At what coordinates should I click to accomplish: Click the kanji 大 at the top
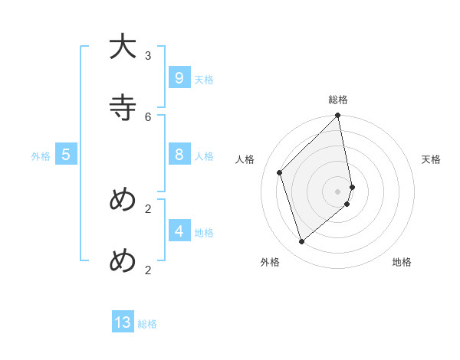pyautogui.click(x=123, y=47)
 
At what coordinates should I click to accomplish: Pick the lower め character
pyautogui.click(x=123, y=260)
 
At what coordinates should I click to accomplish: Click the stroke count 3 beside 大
pyautogui.click(x=148, y=55)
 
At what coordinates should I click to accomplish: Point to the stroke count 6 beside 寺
pyautogui.click(x=148, y=116)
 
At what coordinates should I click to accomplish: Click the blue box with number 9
pyautogui.click(x=179, y=78)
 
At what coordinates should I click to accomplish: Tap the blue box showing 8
pyautogui.click(x=179, y=155)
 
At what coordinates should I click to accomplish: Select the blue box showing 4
pyautogui.click(x=179, y=231)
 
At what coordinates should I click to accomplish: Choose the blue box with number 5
pyautogui.click(x=66, y=155)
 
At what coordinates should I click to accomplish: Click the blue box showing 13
pyautogui.click(x=123, y=322)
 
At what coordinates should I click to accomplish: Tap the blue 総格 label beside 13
pyautogui.click(x=147, y=324)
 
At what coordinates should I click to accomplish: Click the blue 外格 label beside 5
pyautogui.click(x=41, y=156)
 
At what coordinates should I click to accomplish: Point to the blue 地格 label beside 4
pyautogui.click(x=204, y=232)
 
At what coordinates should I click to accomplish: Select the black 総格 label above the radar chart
pyautogui.click(x=338, y=100)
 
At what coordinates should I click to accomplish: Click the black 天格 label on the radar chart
pyautogui.click(x=431, y=159)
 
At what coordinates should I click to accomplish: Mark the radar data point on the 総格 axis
pyautogui.click(x=338, y=116)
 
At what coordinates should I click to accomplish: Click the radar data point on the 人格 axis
pyautogui.click(x=280, y=172)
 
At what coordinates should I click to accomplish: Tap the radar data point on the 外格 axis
pyautogui.click(x=302, y=241)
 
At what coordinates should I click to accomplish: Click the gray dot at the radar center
pyautogui.click(x=338, y=191)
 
